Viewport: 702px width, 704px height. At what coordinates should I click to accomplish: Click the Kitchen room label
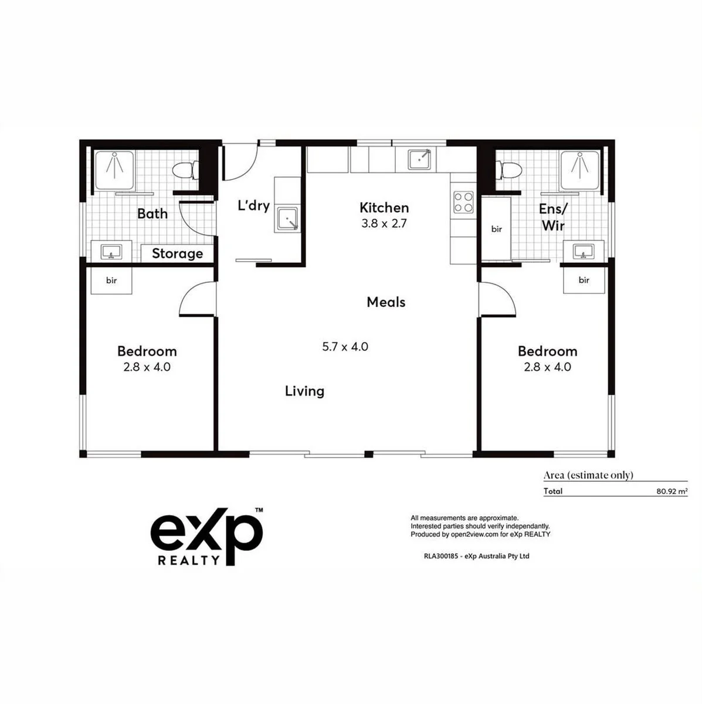(x=384, y=208)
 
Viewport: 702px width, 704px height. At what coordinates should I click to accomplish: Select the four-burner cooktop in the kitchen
(x=463, y=202)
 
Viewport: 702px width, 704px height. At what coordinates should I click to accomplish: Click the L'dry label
(x=253, y=205)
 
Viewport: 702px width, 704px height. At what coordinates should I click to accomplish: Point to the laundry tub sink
(x=288, y=219)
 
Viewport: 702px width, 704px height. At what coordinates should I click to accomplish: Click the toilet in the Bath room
(x=184, y=171)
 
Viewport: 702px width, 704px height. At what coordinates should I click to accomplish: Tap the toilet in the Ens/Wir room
(x=507, y=171)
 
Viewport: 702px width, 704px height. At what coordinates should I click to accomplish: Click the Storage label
(x=177, y=253)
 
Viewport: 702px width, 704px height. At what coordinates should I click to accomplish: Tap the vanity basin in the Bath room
(x=111, y=252)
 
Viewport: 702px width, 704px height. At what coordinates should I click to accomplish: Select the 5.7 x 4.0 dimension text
(x=345, y=347)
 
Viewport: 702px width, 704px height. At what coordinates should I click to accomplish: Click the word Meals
(x=386, y=302)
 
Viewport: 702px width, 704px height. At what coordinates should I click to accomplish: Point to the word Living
(x=304, y=391)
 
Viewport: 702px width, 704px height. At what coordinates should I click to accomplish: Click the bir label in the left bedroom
(x=111, y=280)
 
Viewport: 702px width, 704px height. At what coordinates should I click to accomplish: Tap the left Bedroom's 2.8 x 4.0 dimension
(x=147, y=367)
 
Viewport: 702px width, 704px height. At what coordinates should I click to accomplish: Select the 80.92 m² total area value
(x=672, y=492)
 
